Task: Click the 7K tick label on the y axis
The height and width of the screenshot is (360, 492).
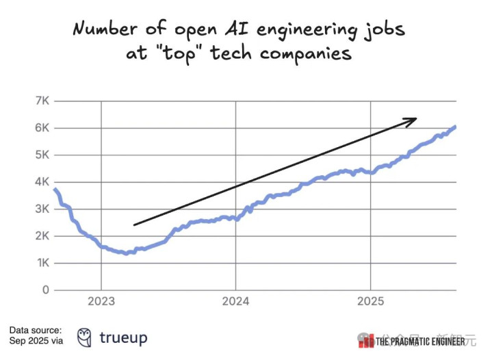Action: pos(41,101)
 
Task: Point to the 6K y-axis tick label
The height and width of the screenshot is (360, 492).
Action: pos(41,128)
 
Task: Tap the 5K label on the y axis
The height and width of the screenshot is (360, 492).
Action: pos(41,155)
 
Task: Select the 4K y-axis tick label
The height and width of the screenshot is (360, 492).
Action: pos(41,182)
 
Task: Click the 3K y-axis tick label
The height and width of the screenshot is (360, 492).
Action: pos(41,209)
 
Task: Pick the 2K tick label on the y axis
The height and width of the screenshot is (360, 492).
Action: pos(41,236)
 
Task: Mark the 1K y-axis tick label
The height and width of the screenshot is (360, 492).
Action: pos(41,263)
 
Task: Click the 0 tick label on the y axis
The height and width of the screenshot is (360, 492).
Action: pos(44,290)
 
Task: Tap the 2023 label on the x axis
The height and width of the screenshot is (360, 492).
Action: pos(101,301)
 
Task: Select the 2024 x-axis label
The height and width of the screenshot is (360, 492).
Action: pos(236,301)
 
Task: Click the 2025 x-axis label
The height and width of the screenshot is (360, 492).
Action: pos(370,301)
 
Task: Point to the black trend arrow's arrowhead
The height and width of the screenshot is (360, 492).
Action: pos(411,120)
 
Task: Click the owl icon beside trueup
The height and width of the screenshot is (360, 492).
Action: pos(85,337)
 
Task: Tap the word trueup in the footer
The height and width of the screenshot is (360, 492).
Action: pos(123,337)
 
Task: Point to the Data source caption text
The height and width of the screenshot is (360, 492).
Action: pos(36,335)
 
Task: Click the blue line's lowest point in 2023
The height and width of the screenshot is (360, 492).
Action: pos(127,253)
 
